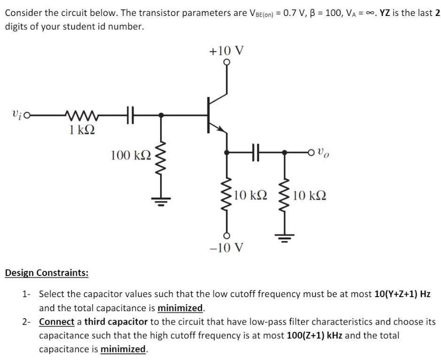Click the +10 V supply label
tap(227, 50)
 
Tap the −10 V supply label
tap(227, 247)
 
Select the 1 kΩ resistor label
tap(81, 130)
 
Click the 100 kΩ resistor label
tap(131, 155)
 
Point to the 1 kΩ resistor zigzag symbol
tap(81, 114)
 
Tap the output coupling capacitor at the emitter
tap(255, 153)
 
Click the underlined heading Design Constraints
tap(46, 273)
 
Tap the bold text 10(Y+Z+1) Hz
tap(402, 294)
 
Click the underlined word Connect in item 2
tap(56, 322)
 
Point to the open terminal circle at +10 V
tap(227, 62)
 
